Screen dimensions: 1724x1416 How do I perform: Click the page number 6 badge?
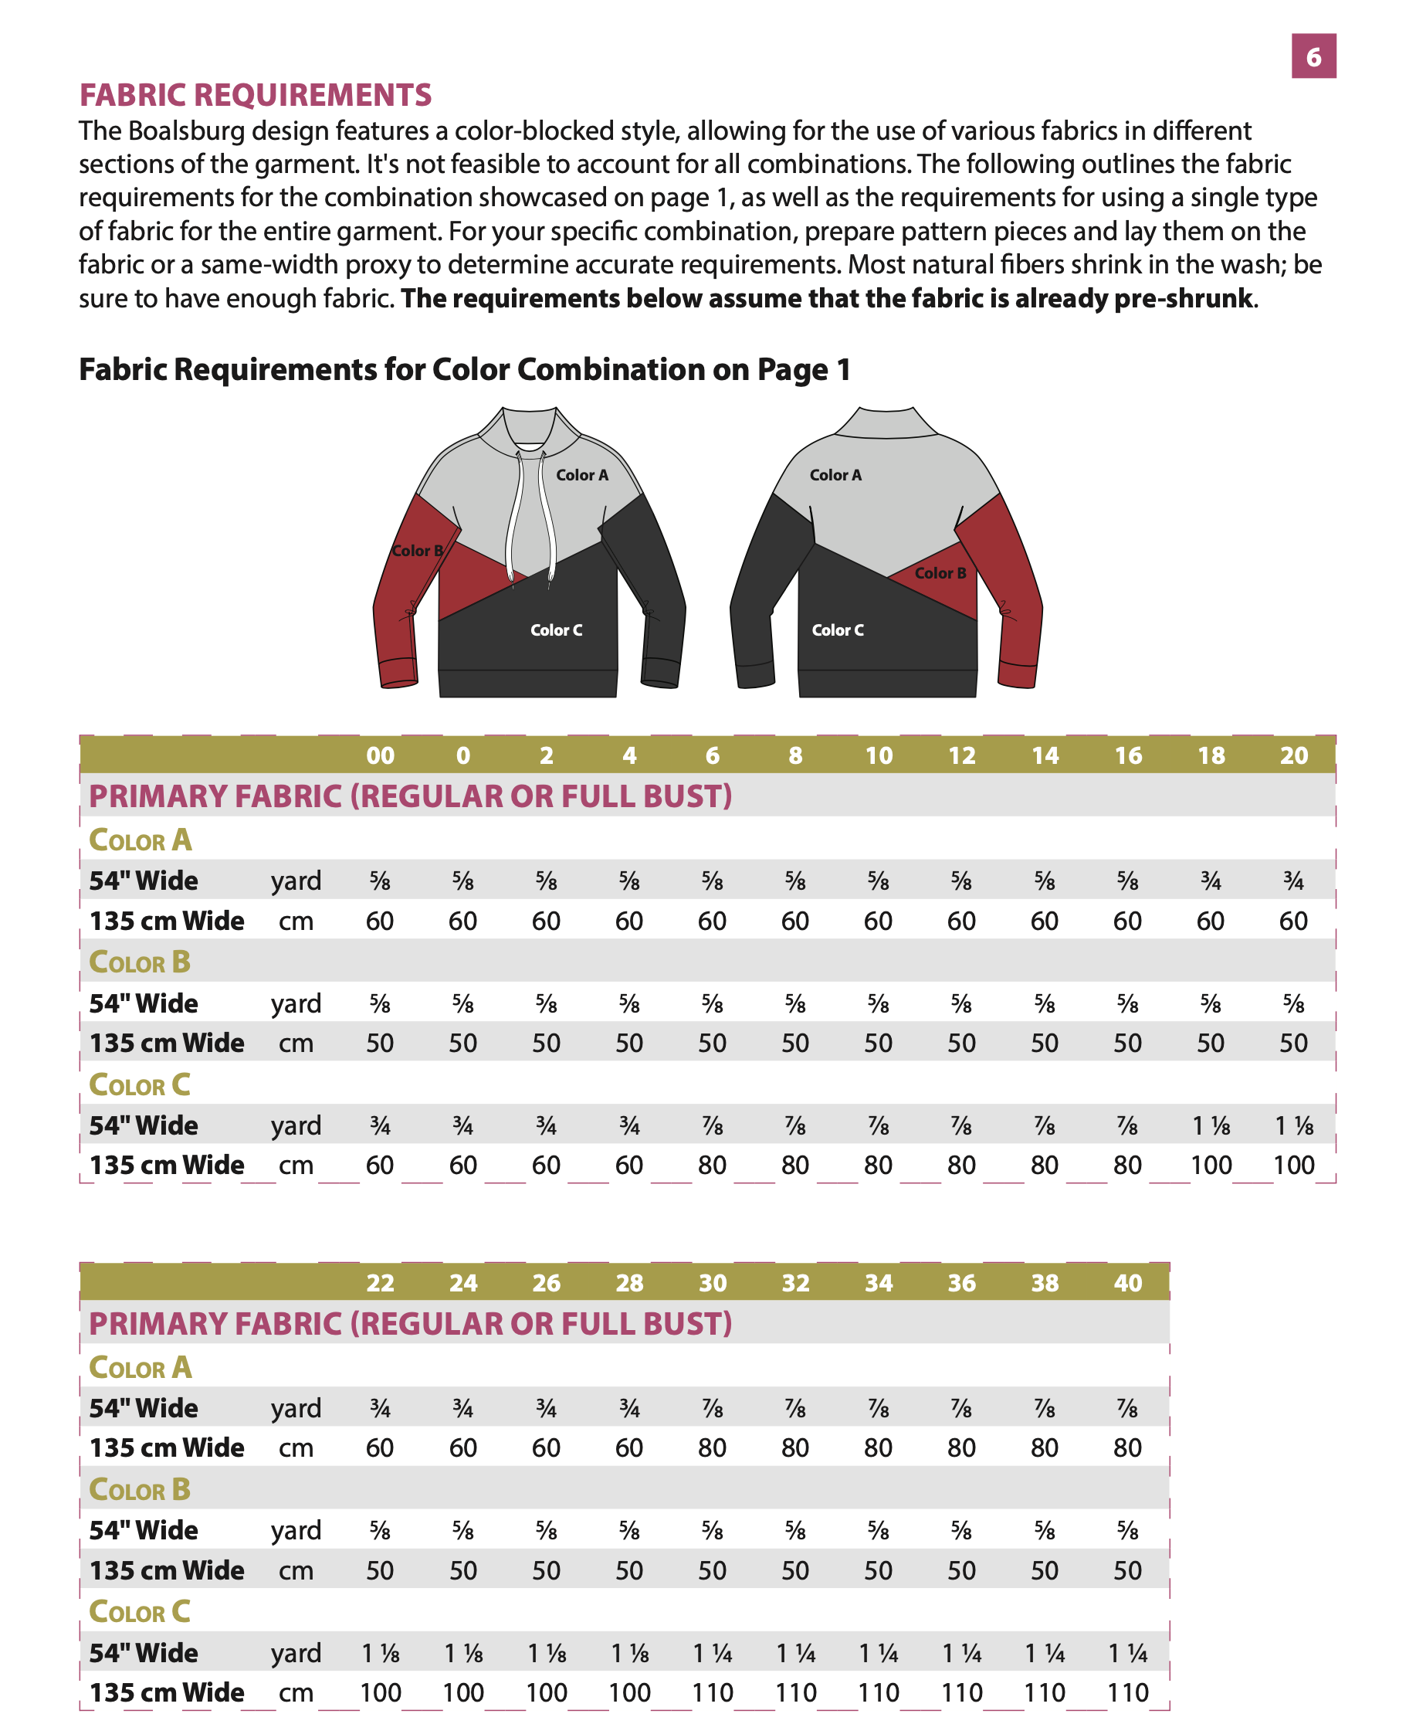point(1313,56)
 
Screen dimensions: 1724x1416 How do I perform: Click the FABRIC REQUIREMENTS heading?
point(256,95)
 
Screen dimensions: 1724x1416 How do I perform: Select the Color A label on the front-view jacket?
point(581,475)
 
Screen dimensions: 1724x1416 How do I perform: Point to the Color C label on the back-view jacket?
point(837,630)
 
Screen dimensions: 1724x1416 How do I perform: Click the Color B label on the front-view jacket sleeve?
point(417,551)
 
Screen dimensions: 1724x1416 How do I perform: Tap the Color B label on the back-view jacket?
point(940,573)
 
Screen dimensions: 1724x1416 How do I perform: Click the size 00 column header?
point(380,755)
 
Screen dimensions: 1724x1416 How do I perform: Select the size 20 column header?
point(1294,755)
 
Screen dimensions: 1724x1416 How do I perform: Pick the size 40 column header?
point(1127,1284)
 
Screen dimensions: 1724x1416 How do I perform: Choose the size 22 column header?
point(380,1284)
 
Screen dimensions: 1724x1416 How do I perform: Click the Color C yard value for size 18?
point(1211,1126)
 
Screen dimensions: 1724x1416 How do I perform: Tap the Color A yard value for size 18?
point(1211,881)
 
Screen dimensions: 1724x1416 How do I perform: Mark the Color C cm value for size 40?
point(1127,1693)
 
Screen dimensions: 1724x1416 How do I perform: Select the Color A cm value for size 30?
point(712,1448)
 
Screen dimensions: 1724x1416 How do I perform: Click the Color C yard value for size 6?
point(712,1126)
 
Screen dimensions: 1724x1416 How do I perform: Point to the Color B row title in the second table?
point(140,1490)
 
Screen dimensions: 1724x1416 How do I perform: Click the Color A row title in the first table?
point(141,840)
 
